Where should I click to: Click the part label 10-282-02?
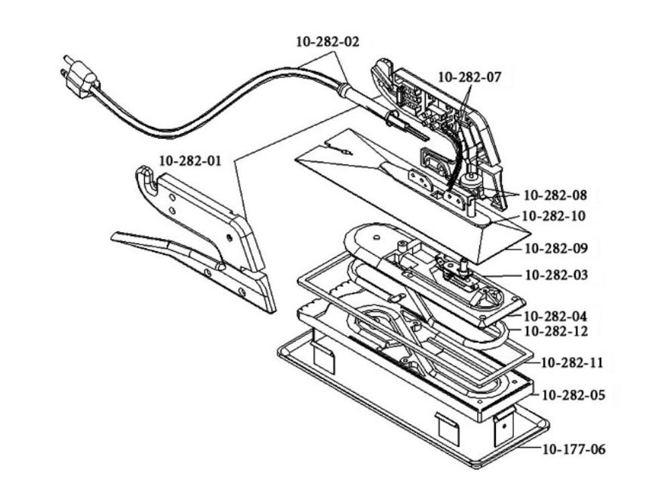coord(327,42)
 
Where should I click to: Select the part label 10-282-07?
coord(469,77)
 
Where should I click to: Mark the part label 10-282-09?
coord(556,248)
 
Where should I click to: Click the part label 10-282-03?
coord(556,274)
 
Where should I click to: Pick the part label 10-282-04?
coord(556,315)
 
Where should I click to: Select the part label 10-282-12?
coord(556,331)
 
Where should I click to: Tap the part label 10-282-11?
coord(572,363)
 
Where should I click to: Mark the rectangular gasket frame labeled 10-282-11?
coord(309,282)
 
